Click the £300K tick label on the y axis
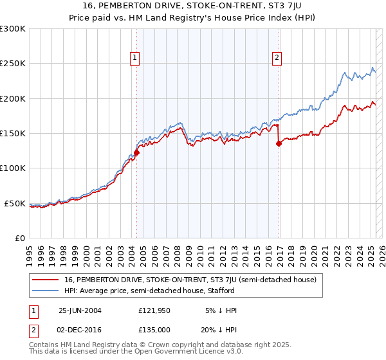point(13,29)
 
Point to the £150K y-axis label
point(13,134)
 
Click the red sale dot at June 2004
point(136,153)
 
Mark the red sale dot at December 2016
point(279,144)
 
